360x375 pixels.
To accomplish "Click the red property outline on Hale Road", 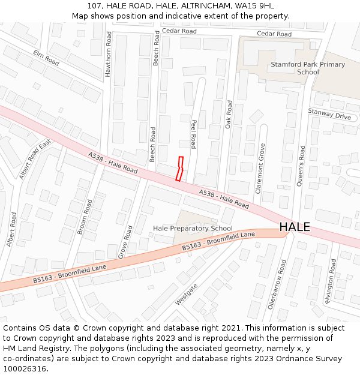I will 179,169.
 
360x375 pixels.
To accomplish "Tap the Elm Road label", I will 46,58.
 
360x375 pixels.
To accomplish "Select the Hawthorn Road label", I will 109,54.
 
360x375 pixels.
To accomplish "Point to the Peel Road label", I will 194,134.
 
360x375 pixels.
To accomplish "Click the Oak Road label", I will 229,114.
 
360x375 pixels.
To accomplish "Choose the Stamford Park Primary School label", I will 308,68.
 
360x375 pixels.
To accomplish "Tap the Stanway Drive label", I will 329,115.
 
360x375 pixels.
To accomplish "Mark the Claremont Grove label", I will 260,168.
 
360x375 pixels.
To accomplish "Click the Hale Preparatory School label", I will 193,229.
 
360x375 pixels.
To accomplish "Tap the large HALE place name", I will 295,227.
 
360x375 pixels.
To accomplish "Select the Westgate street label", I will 186,295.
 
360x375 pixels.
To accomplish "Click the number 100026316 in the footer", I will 24,368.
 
